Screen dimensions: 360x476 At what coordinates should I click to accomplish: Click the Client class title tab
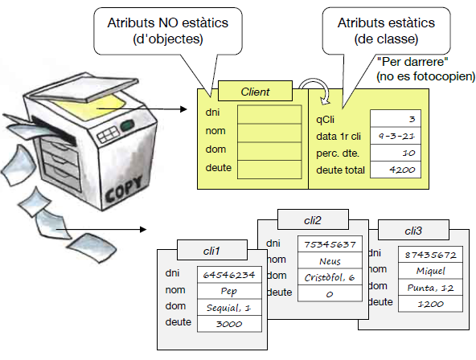click(255, 92)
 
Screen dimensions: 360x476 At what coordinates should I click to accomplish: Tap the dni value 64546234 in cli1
click(229, 275)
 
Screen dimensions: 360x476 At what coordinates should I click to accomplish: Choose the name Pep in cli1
click(229, 291)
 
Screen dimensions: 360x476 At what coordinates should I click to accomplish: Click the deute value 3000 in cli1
click(229, 324)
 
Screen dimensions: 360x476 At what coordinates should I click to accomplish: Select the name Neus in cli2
click(330, 260)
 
